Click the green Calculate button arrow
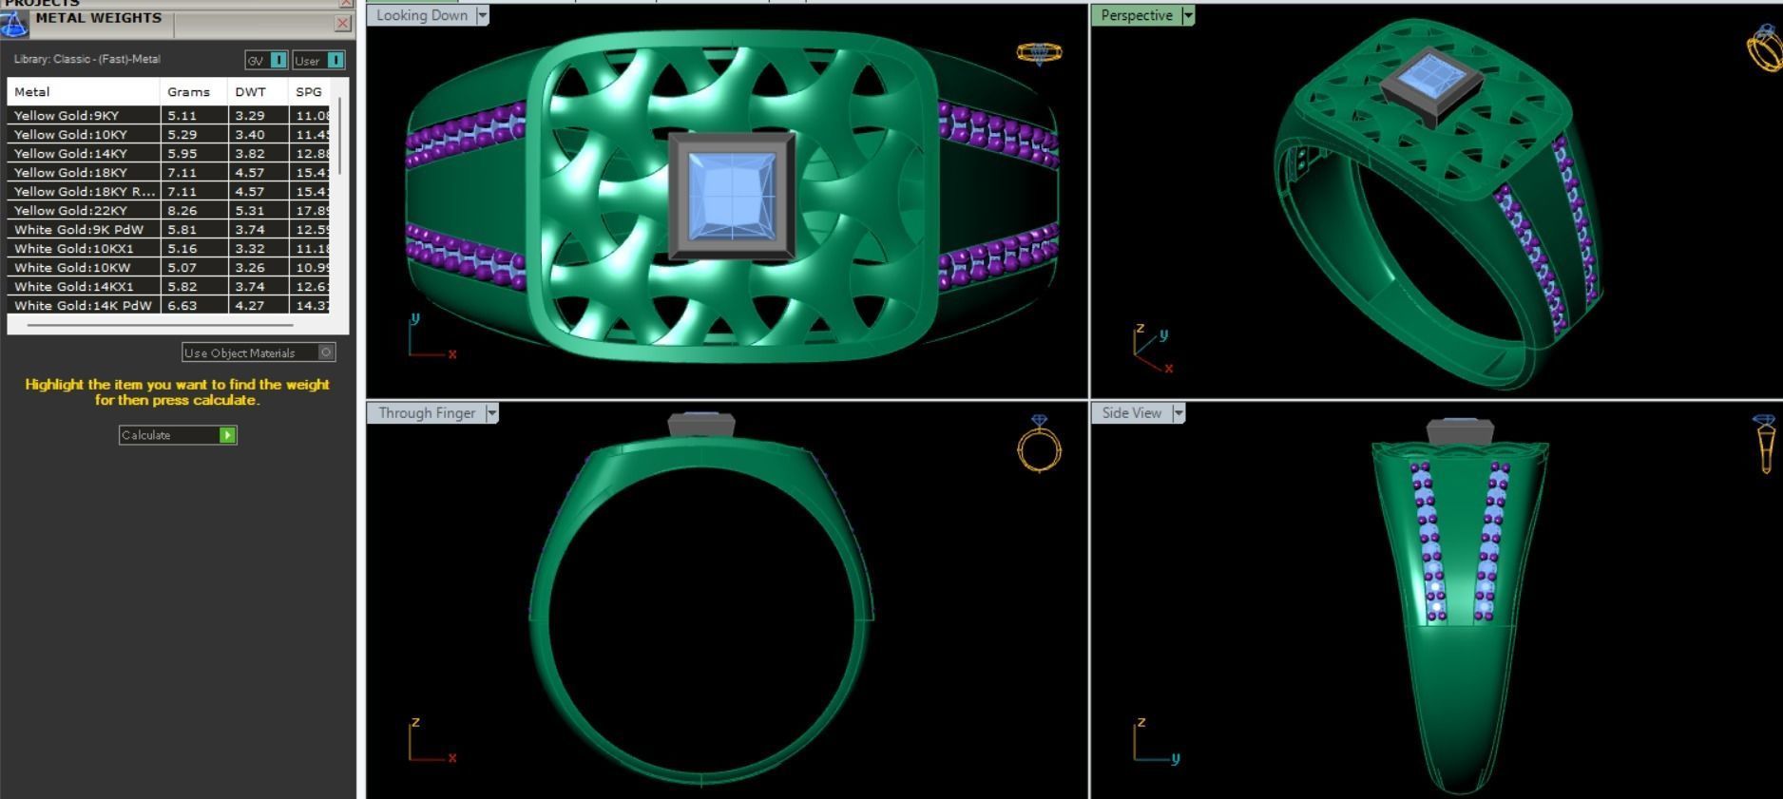pos(227,435)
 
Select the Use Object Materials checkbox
pos(326,352)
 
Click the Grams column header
pos(188,92)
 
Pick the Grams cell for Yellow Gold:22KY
pos(182,210)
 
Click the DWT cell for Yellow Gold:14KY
pos(249,153)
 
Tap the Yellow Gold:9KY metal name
pos(67,115)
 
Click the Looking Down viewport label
pos(421,15)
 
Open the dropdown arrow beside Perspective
pos(1188,15)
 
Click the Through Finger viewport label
pos(427,413)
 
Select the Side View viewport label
pos(1131,413)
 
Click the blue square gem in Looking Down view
pos(731,197)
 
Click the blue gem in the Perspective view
pos(1430,73)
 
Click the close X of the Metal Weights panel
pos(343,24)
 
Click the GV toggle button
pos(266,60)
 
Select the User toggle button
pos(318,60)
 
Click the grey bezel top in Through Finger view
pos(701,425)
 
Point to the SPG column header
pos(309,92)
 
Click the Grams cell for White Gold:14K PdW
pos(182,305)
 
